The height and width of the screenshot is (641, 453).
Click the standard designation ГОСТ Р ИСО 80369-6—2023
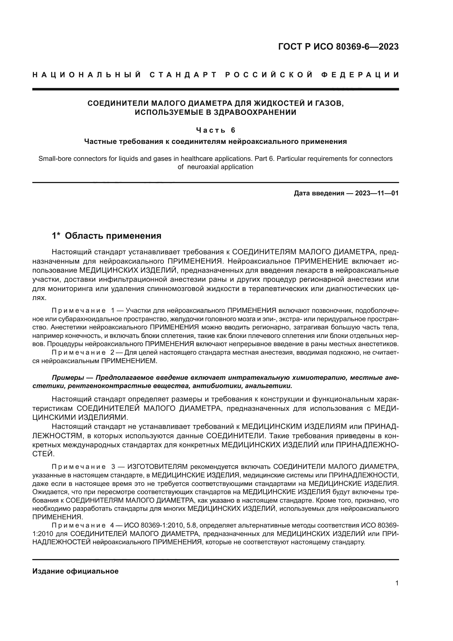pos(338,47)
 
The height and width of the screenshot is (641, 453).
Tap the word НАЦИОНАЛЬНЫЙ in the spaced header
pos(87,75)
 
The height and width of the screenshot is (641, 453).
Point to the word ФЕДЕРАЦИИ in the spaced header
pos(360,75)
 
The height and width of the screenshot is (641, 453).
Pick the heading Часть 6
pos(216,130)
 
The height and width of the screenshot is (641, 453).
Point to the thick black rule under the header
pos(215,89)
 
